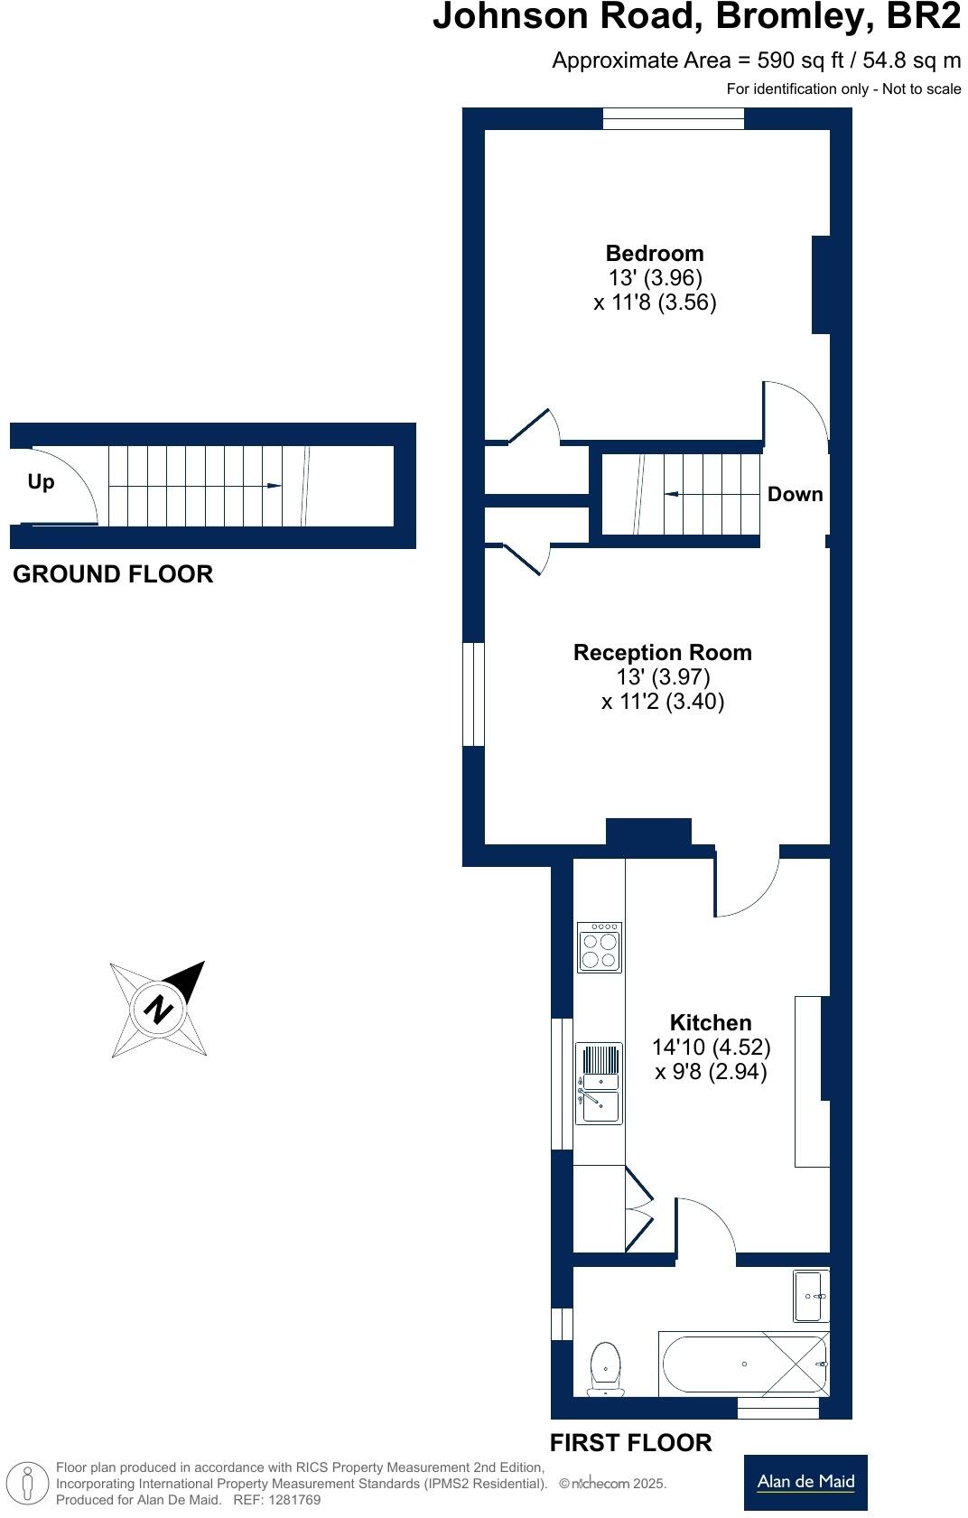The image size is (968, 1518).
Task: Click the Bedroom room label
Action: point(655,254)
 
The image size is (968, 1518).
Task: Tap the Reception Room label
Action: point(662,653)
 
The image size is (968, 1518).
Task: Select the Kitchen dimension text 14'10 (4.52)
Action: point(711,1048)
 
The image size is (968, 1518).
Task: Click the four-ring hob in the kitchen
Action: point(600,946)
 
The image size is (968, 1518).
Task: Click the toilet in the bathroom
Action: point(605,1369)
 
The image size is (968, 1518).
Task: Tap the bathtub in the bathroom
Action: point(742,1364)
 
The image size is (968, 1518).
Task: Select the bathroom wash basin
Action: point(810,1297)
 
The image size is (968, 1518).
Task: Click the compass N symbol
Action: point(159,1008)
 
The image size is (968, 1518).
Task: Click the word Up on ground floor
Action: point(41,482)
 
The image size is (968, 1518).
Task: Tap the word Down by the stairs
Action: point(795,495)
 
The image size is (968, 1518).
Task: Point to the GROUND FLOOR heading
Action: point(113,574)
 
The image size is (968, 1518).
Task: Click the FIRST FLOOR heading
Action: point(630,1443)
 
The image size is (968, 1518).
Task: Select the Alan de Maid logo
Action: point(805,1482)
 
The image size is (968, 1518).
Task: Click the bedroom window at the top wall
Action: point(673,118)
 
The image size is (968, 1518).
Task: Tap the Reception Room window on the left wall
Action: point(473,694)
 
